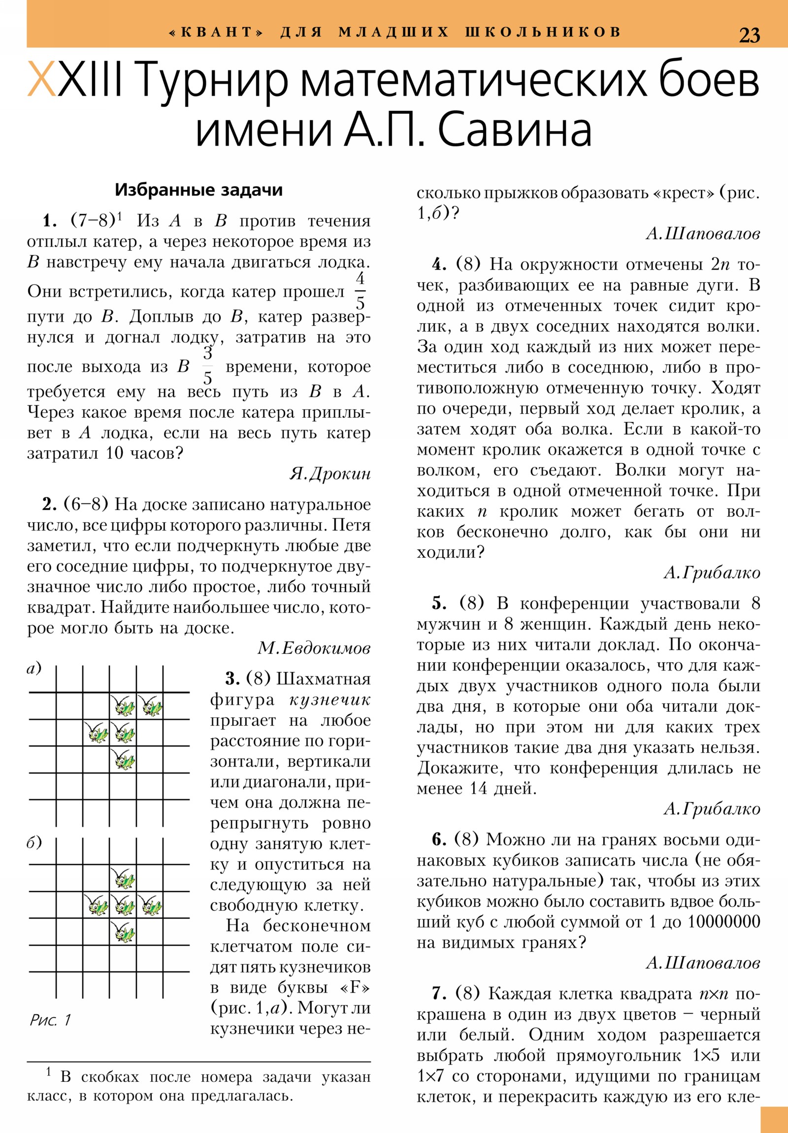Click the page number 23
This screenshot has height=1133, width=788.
[x=749, y=35]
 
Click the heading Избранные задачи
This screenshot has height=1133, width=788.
[x=198, y=190]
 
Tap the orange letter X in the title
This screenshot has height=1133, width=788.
[x=41, y=79]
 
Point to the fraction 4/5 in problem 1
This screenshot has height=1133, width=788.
[x=360, y=291]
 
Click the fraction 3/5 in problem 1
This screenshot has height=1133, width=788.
[x=208, y=366]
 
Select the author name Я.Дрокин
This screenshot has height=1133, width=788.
[x=329, y=474]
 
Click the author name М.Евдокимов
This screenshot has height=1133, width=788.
[x=314, y=648]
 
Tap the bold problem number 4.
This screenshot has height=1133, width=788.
[x=439, y=265]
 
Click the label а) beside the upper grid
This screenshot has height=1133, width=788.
[x=34, y=669]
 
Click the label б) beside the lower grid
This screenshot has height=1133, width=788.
[x=34, y=842]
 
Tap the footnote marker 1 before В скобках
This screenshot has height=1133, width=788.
[x=48, y=1071]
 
